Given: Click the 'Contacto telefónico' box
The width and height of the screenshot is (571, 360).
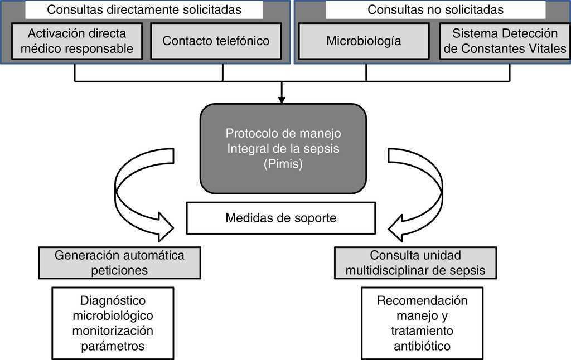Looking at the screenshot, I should pos(216,41).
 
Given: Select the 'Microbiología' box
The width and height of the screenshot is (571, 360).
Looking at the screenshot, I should pos(364,41).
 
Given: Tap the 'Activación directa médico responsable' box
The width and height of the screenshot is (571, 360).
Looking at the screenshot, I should pos(77,41).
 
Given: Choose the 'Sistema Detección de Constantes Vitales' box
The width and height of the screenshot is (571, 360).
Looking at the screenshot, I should pos(505,41).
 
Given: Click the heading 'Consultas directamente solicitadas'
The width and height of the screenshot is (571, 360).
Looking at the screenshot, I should pos(144,9).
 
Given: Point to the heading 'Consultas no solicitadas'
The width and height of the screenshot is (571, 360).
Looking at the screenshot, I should pos(435,9).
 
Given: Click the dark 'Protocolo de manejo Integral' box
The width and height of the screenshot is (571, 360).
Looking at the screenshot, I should pos(283,148).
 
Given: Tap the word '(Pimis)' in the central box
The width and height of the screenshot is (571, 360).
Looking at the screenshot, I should pos(283,165).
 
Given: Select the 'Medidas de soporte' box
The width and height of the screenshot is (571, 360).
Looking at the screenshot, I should pos(281,218).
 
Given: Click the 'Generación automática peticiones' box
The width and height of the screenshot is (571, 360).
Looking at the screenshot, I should pos(119,262).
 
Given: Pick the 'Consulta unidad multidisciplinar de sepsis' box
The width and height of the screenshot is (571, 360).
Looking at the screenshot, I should pos(415,262).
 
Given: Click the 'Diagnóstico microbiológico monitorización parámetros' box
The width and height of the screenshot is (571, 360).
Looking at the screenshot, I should pos(113,323).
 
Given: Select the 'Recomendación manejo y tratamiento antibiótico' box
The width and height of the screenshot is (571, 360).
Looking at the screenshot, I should pos(422,323).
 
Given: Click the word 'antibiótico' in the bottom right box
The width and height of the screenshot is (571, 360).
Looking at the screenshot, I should pos(422,346).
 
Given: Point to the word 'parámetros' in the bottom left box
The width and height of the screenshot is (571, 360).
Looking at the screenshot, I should pos(113,346).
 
